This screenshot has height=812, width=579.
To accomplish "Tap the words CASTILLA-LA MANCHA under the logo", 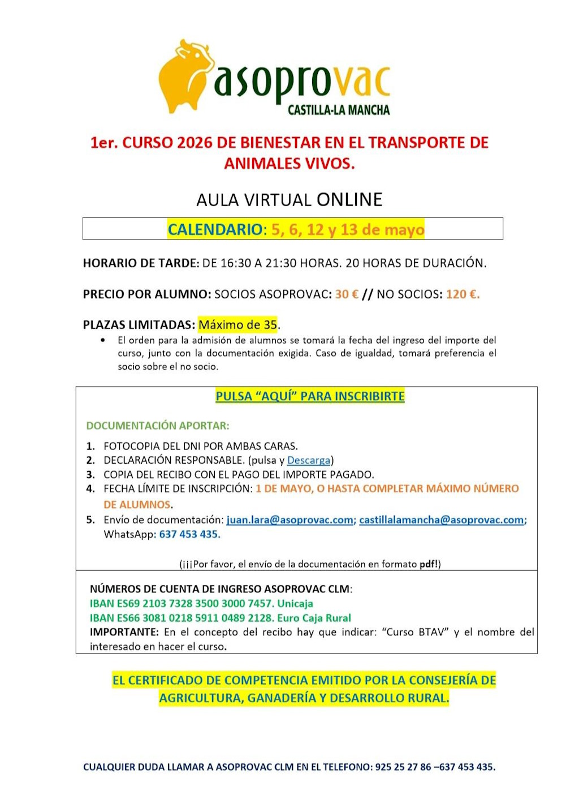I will coord(338,110).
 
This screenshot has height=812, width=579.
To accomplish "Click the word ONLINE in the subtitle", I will coord(349,199).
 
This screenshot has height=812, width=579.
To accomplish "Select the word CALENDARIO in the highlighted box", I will coord(215,229).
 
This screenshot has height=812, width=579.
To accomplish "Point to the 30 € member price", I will coord(347,294).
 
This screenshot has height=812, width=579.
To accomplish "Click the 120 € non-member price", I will coord(463,294).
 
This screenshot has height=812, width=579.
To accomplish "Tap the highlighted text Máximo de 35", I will coord(237,324).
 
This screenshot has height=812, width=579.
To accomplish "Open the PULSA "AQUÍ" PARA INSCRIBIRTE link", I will coord(310,396).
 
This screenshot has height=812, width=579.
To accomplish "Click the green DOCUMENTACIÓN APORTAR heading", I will coord(158,425).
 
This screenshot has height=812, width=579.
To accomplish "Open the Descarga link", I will coord(308,460).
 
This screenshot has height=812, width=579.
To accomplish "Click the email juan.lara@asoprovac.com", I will coord(289,519).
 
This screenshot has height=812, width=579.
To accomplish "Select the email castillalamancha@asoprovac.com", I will coord(441,519).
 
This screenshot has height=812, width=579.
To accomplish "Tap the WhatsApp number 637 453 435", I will coord(189,534).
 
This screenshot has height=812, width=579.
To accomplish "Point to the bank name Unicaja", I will coord(295,603).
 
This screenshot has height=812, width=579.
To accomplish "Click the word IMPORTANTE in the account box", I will coord(124,632).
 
